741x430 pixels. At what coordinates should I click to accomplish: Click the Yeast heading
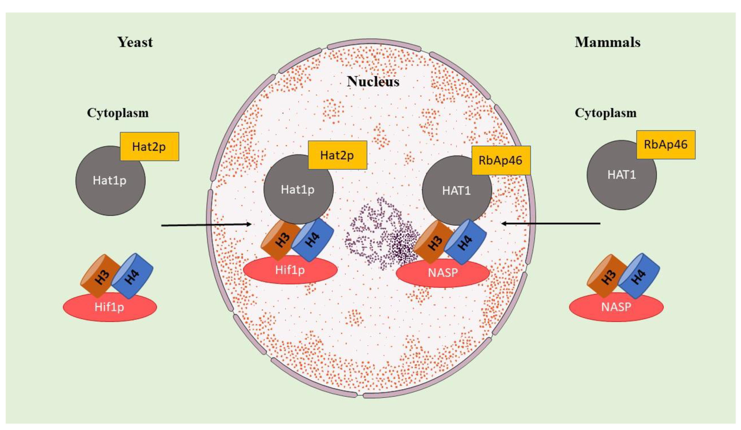pos(135,42)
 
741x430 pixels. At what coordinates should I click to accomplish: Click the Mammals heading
pos(608,42)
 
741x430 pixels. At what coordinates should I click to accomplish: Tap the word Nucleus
pos(373,82)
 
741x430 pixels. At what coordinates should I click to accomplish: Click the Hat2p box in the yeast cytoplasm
pos(149,146)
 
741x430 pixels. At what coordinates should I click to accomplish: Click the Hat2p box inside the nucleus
pos(337,155)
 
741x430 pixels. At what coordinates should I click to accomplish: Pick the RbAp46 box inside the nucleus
pos(501,160)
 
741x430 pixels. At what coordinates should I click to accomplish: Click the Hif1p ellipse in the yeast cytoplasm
pos(110,308)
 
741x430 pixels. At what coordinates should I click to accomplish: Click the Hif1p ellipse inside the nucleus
pos(290,270)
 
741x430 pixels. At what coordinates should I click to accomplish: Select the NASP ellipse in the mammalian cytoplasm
pos(616,308)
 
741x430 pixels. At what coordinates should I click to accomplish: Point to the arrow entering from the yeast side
pos(206,225)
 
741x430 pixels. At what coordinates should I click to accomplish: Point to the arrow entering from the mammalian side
pos(550,224)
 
